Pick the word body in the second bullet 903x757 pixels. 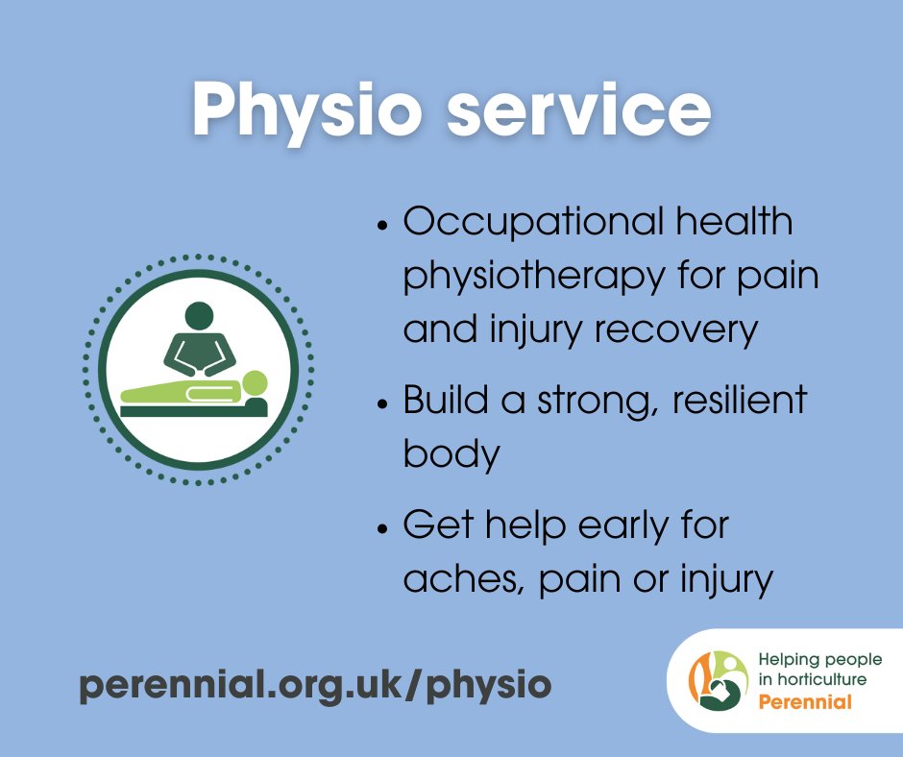click(451, 452)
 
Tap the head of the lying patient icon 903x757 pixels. click(255, 383)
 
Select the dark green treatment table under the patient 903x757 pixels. click(192, 409)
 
